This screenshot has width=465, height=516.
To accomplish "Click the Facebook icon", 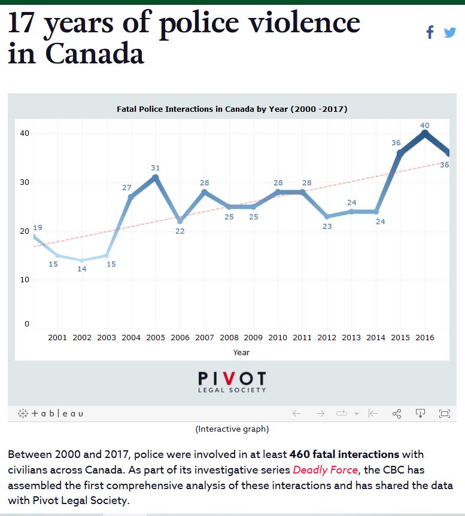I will pos(430,32).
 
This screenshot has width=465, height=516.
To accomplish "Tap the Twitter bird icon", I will pos(449,32).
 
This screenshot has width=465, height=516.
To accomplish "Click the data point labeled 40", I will pos(425,133).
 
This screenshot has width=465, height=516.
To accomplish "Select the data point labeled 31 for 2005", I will pos(156,177).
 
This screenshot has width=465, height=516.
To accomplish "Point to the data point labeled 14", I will pos(82,260).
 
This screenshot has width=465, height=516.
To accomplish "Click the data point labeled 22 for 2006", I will pos(180,221).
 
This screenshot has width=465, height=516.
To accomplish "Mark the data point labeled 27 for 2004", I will pos(131,197).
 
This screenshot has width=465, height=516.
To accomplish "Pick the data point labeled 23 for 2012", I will pos(327,216).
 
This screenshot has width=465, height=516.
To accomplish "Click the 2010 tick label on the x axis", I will pos(278,338).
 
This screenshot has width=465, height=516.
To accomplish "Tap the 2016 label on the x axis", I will pos(425,338).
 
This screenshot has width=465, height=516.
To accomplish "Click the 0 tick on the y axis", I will pos(26,324).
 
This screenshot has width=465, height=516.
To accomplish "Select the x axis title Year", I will pos(241,352).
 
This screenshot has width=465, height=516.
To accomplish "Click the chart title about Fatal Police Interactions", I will pos(232,109).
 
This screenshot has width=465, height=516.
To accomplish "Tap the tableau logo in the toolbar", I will pos(51,413).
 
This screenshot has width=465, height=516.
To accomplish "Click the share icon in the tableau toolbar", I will pos(396,413).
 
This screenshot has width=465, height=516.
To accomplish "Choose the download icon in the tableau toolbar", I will pos(420,413).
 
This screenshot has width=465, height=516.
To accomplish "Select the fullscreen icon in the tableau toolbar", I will pos(444,413).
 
